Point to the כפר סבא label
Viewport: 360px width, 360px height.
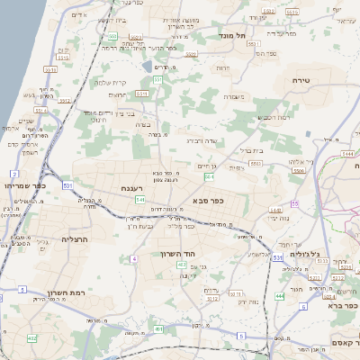tap(208, 202)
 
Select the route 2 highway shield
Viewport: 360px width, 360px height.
tap(15, 173)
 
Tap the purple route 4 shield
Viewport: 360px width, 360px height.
tap(133, 259)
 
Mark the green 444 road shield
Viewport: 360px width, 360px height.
tap(281, 296)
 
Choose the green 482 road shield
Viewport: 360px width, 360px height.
tap(31, 338)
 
